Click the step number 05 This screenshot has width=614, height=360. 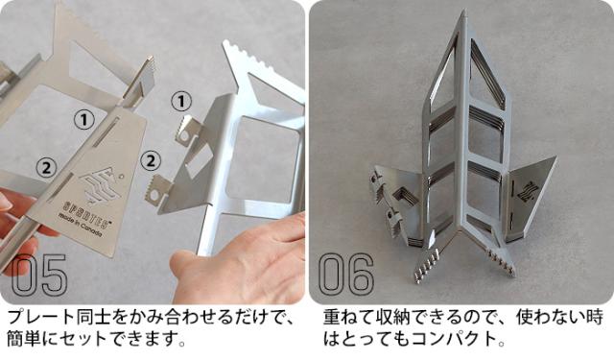pyautogui.click(x=40, y=276)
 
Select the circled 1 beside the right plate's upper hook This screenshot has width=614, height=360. pyautogui.click(x=181, y=101)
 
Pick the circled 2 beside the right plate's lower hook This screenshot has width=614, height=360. pyautogui.click(x=151, y=158)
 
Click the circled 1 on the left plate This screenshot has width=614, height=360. pyautogui.click(x=84, y=118)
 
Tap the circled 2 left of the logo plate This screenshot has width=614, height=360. pyautogui.click(x=44, y=167)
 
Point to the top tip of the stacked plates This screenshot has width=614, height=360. pyautogui.click(x=462, y=16)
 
